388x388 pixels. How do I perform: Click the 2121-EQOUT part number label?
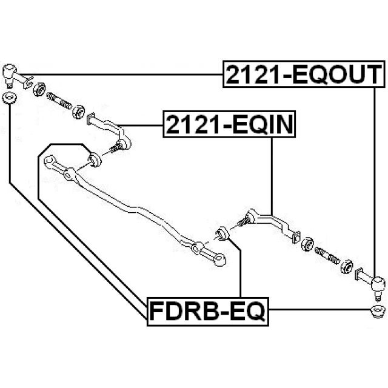[304, 75]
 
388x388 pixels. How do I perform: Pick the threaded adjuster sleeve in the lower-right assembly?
[327, 255]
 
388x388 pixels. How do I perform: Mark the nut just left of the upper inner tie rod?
[78, 112]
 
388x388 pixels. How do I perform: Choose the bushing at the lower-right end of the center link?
[221, 233]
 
